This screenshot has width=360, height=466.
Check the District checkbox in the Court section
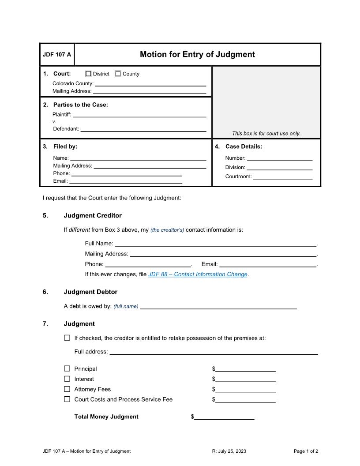tap(88, 74)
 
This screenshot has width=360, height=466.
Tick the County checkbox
tap(118, 74)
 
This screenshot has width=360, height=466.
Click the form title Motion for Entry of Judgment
tap(197, 54)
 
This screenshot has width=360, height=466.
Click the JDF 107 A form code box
tap(57, 55)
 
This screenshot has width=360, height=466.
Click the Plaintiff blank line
tap(139, 114)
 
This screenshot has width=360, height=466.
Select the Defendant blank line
tap(143, 129)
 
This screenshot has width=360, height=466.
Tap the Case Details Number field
tap(279, 158)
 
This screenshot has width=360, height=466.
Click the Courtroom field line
tap(282, 177)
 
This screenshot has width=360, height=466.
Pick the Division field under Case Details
tap(279, 167)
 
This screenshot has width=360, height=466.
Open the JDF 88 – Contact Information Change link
tap(198, 274)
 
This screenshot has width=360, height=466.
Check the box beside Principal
tap(67, 368)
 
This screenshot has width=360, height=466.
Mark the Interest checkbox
tap(67, 379)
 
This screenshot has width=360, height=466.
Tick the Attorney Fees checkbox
tap(67, 389)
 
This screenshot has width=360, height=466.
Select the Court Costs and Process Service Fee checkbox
tap(67, 399)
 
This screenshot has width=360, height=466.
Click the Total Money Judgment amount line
tap(224, 417)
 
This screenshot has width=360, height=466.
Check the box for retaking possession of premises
tap(67, 338)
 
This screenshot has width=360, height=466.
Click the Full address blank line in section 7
tap(214, 352)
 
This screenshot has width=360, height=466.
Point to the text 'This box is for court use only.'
tap(266, 133)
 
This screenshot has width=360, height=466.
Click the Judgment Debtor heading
tap(90, 292)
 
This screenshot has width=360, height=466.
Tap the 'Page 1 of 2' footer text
tap(306, 451)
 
